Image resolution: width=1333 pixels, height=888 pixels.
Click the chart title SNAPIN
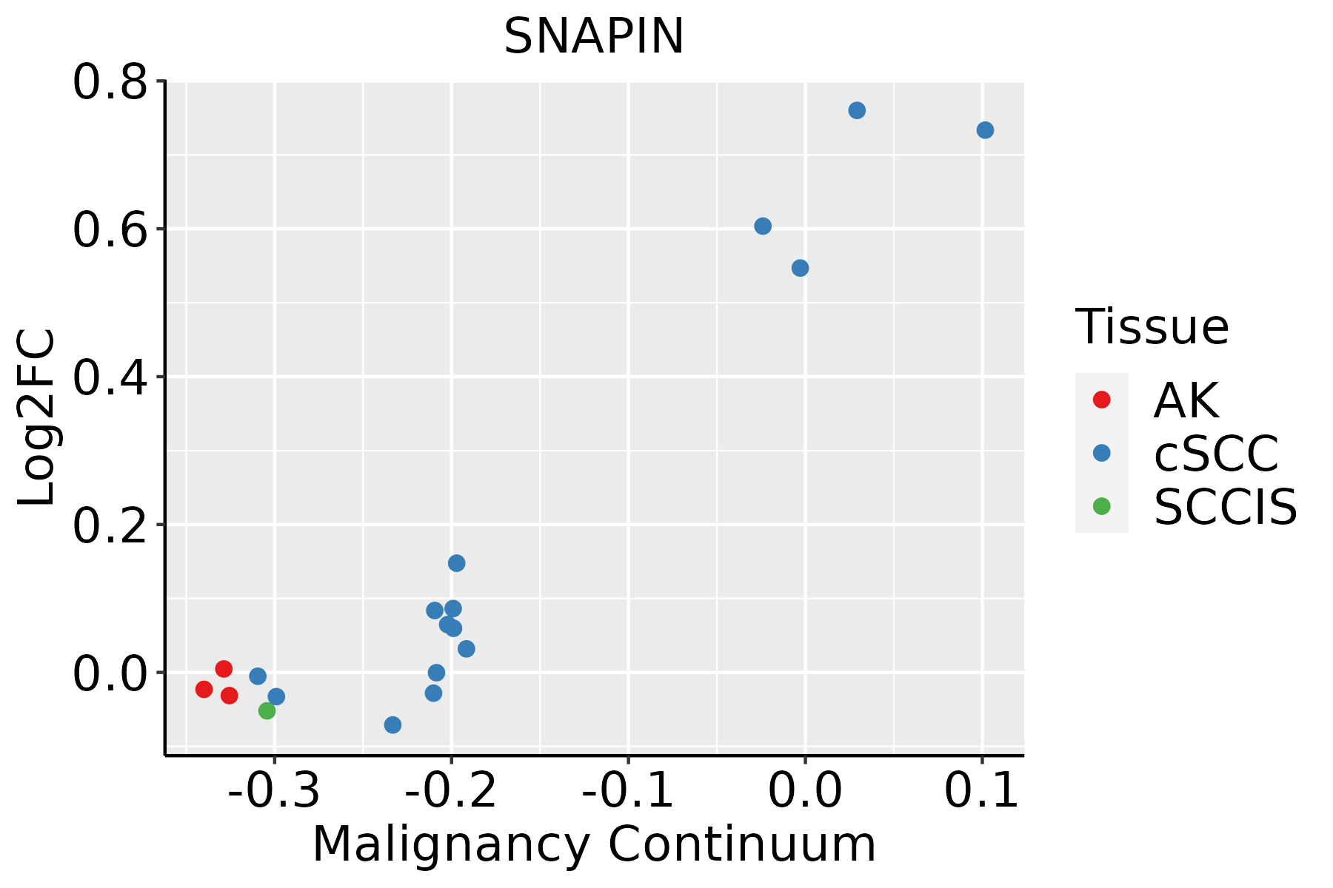tap(593, 36)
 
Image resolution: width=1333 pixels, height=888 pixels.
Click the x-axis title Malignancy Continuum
tap(594, 844)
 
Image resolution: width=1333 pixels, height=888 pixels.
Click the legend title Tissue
tap(1152, 326)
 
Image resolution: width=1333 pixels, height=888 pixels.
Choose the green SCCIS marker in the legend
tap(1101, 507)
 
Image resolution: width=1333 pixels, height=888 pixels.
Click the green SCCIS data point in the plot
tap(267, 711)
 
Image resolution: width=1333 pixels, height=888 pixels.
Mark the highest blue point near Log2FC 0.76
tap(857, 111)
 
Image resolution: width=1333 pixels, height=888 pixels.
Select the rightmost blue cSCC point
tap(985, 130)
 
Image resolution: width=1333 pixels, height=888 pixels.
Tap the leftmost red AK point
tap(204, 690)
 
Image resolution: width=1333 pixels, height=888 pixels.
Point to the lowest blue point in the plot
tap(393, 725)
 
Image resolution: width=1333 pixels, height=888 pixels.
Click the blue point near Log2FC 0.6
tap(763, 226)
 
